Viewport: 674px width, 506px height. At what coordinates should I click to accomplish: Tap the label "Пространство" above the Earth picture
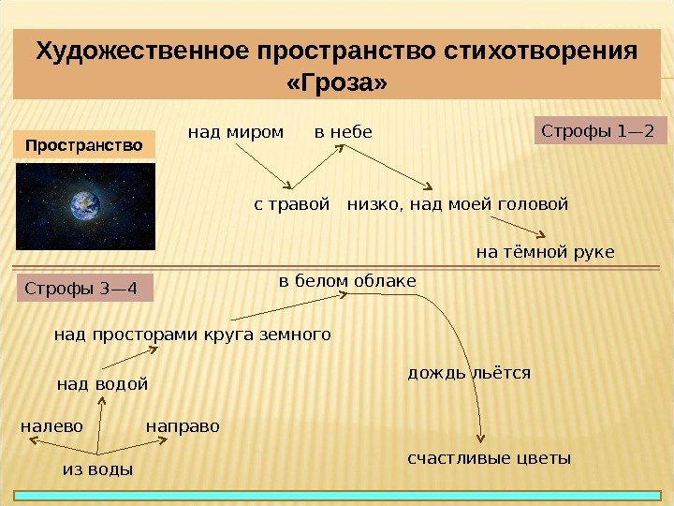coord(84,146)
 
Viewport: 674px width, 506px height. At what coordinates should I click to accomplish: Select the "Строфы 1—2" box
coord(599,131)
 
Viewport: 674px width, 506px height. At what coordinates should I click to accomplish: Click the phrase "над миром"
coord(236,132)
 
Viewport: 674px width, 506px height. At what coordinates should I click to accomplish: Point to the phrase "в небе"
coord(343,132)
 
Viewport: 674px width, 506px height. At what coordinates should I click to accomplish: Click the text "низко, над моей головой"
coord(458,203)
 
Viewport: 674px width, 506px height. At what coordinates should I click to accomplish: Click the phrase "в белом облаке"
coord(347,281)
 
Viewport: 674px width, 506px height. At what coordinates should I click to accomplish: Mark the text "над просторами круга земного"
coord(193,334)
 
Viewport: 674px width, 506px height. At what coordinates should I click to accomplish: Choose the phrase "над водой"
coord(103,383)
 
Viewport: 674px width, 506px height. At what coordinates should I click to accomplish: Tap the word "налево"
coord(52,426)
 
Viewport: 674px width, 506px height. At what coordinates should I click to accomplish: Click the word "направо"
coord(183,426)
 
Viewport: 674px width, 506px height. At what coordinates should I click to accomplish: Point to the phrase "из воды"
coord(97,469)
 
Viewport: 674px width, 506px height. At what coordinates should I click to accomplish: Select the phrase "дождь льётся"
coord(469,373)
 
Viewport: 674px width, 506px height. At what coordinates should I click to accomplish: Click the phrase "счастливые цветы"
coord(489,458)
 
